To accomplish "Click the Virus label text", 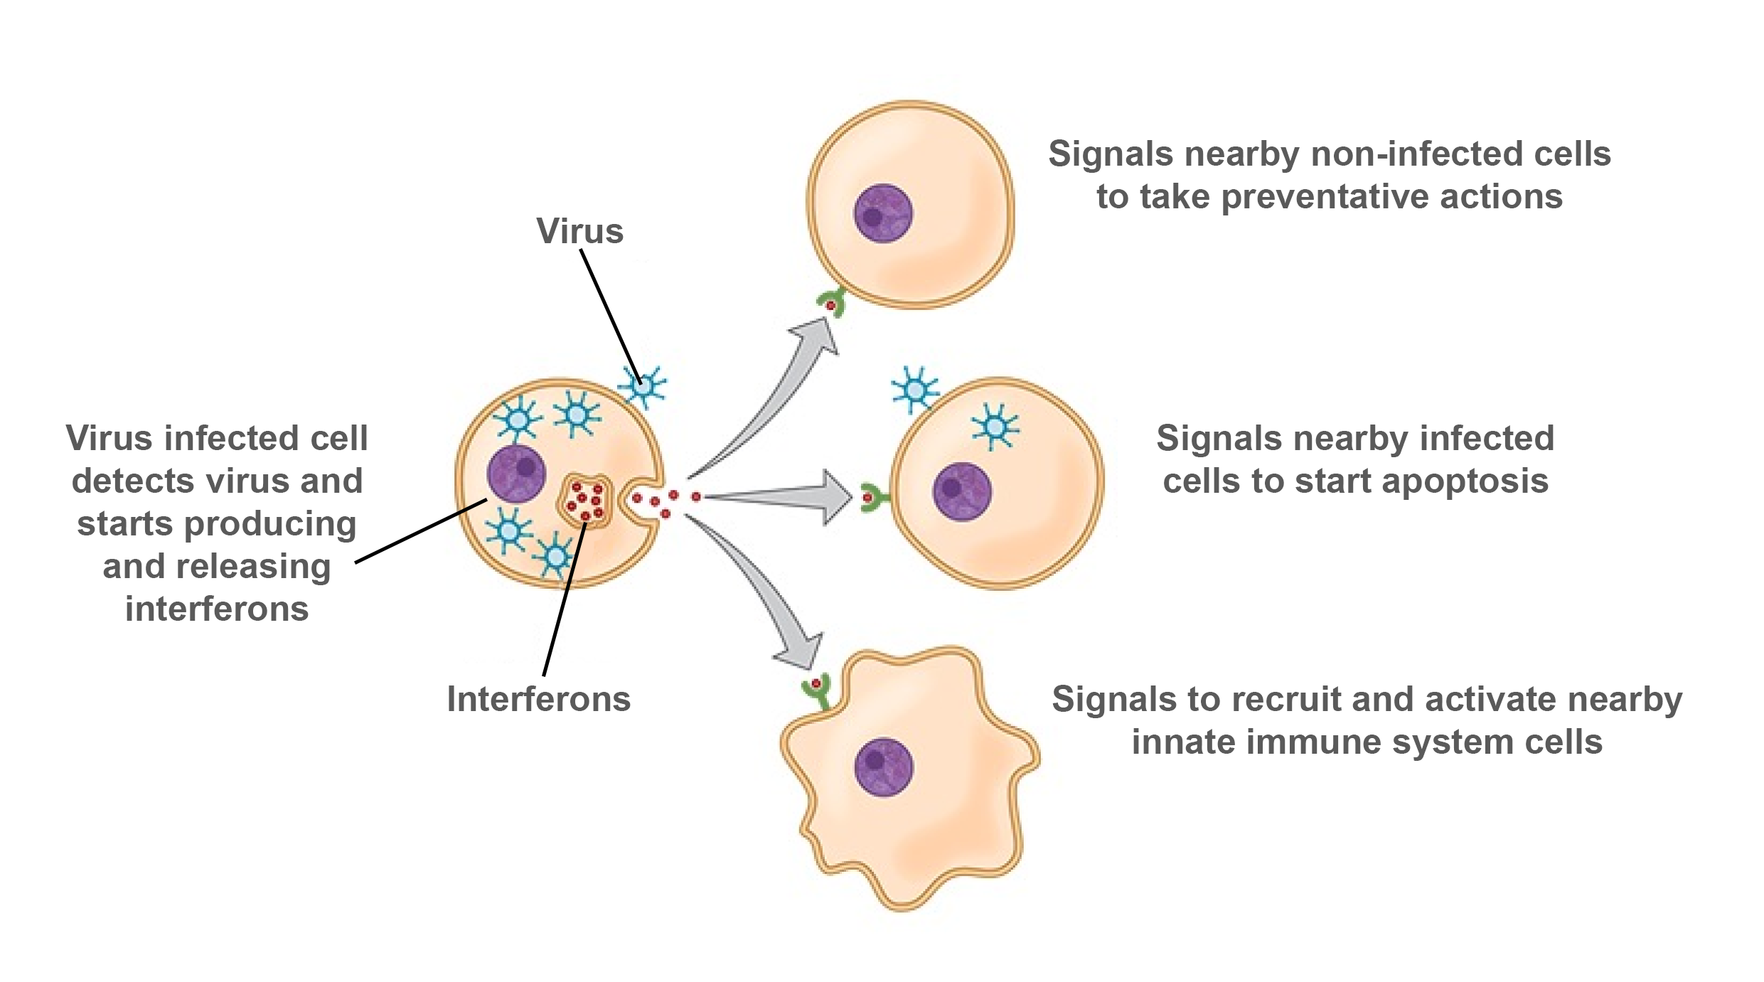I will [x=579, y=231].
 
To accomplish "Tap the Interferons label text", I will [x=538, y=699].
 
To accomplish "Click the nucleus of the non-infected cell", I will [x=883, y=213].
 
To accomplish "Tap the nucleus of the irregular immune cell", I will [x=883, y=767].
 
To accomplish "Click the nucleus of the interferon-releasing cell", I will [x=516, y=474].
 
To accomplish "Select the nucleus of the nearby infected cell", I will [x=961, y=491].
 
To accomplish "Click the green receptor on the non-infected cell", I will [x=833, y=304].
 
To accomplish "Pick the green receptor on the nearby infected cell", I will [x=874, y=498].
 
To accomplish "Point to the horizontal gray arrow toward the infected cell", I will [x=782, y=496].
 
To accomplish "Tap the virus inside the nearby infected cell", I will [x=995, y=427].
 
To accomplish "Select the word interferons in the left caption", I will [x=217, y=609].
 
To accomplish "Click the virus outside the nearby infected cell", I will [x=914, y=390].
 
